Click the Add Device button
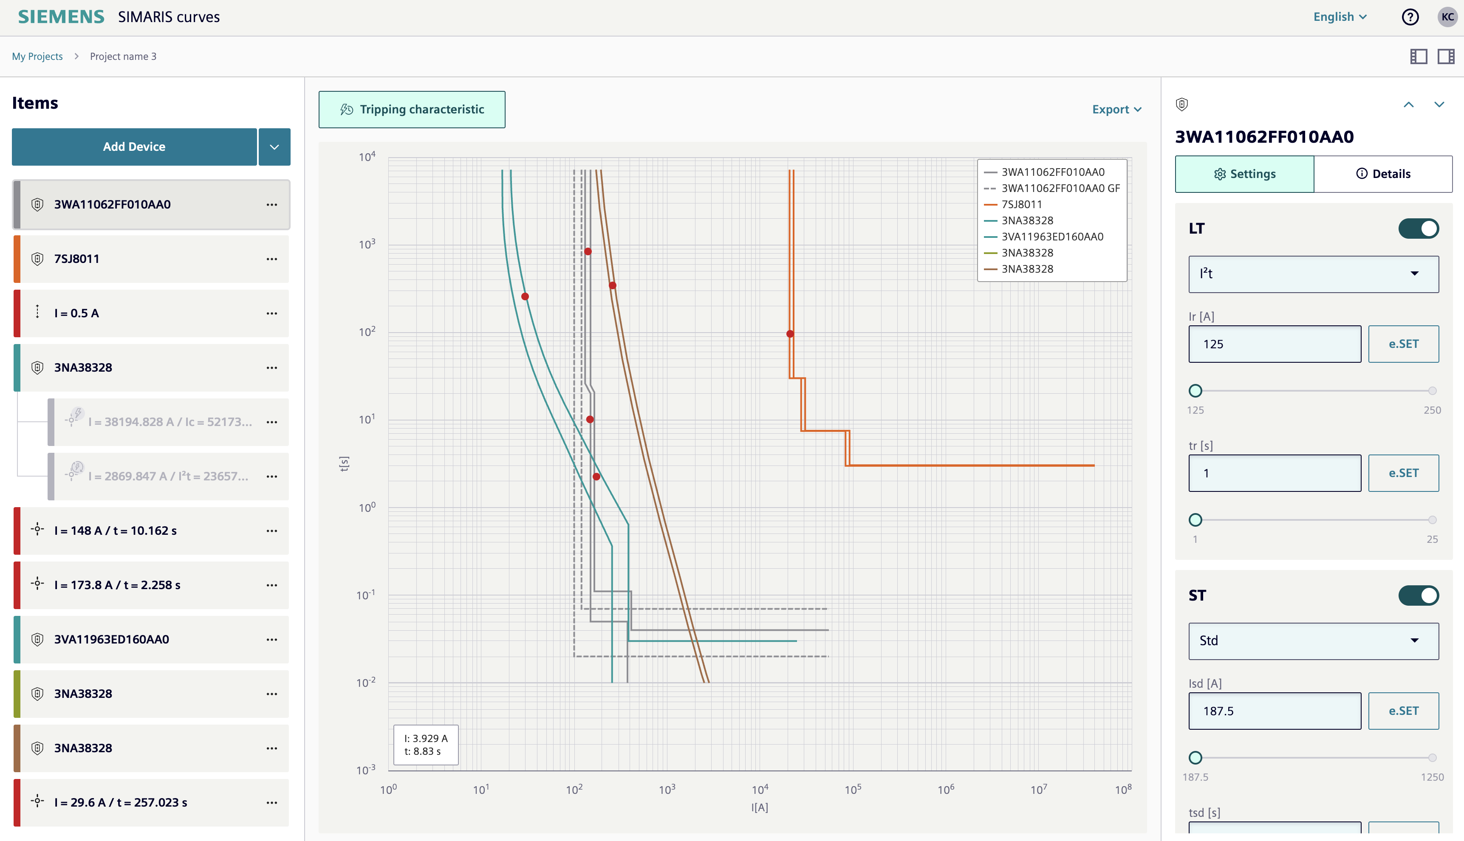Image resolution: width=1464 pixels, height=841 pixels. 134,147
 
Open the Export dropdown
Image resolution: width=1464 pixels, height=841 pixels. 1116,109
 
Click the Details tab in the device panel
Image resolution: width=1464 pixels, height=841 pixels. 1383,174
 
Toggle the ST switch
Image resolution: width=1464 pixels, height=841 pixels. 1419,595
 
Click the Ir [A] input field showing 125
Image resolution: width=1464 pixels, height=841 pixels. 1275,344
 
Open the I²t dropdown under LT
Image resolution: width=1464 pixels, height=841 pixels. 1313,274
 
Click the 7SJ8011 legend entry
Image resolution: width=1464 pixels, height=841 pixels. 1021,204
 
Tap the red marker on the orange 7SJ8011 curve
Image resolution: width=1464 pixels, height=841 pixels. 790,334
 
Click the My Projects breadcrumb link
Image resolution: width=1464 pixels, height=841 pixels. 37,56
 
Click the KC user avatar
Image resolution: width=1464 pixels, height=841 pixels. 1447,17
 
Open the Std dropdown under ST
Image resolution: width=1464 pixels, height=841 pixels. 1313,641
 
